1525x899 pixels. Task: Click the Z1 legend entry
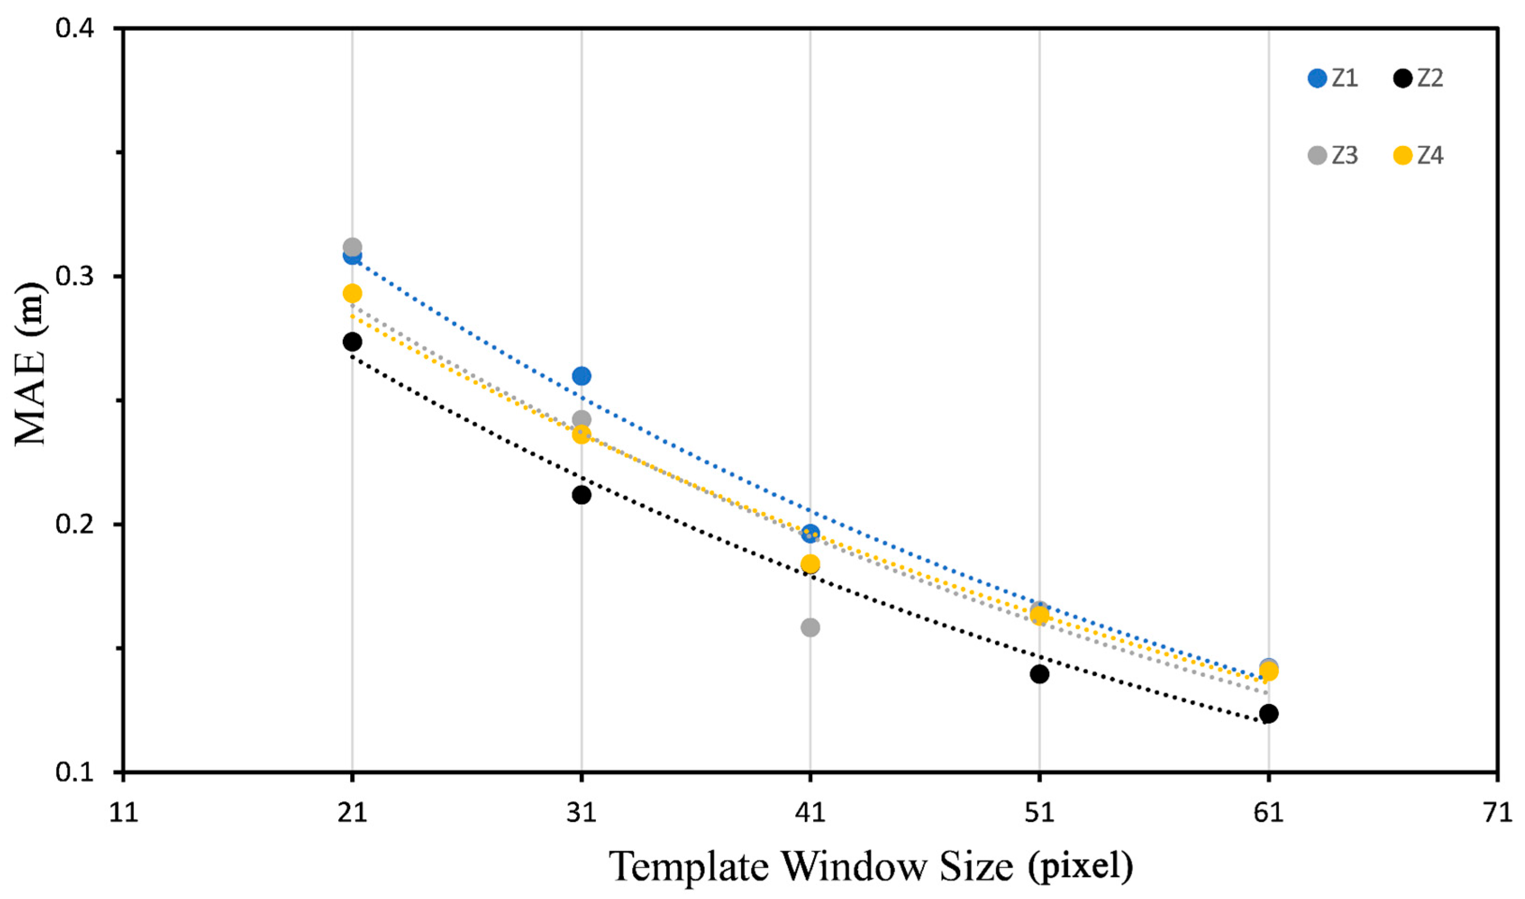point(1333,79)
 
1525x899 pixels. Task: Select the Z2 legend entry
point(1418,79)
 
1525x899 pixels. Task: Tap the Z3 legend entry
point(1333,156)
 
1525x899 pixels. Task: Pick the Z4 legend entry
point(1418,156)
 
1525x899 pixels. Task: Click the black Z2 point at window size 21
point(352,342)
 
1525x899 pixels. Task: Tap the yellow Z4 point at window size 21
point(352,293)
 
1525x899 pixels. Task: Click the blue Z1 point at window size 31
point(581,376)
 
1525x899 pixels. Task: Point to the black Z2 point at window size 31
point(581,495)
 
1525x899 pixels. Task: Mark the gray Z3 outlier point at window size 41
point(810,627)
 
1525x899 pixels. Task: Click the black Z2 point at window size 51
point(1039,674)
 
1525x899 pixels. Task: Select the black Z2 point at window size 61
point(1268,714)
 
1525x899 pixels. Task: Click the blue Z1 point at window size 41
point(810,533)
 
